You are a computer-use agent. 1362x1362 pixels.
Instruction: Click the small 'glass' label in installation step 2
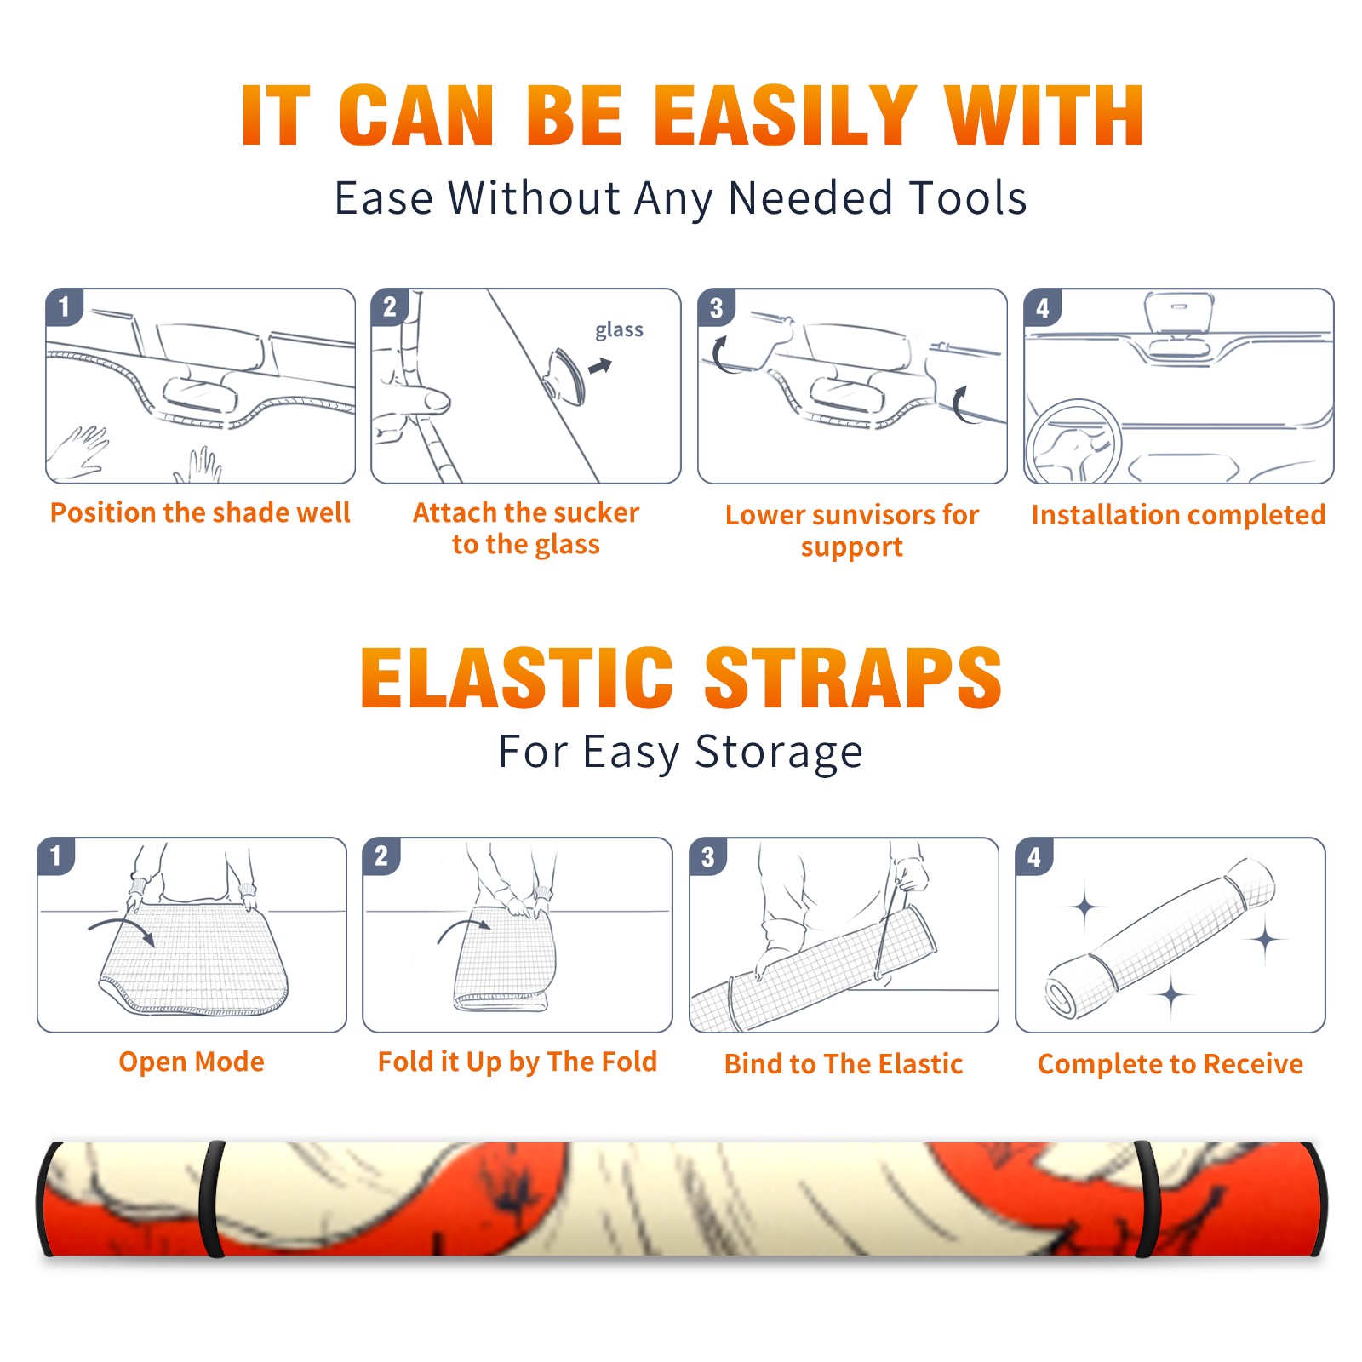(x=619, y=330)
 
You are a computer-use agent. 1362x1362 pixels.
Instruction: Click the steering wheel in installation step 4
(x=1073, y=442)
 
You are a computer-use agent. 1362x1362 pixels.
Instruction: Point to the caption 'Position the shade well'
(x=200, y=512)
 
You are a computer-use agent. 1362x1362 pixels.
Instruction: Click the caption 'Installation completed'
(x=1178, y=515)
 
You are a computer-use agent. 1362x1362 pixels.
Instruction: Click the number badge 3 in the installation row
(x=716, y=307)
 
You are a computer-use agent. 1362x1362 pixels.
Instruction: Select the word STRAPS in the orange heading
(x=853, y=678)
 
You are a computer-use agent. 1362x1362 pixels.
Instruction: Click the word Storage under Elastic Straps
(x=779, y=753)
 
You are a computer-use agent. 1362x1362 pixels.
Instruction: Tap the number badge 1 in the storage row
(x=56, y=856)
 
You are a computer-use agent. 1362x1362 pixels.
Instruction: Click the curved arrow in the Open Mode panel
(x=121, y=927)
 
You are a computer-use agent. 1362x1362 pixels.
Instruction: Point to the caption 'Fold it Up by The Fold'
(x=518, y=1062)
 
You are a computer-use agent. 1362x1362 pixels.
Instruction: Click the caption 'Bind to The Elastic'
(x=844, y=1064)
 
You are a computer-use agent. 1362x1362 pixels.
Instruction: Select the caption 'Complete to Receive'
(x=1170, y=1064)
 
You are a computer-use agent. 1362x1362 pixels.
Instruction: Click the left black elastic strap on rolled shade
(x=211, y=1199)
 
